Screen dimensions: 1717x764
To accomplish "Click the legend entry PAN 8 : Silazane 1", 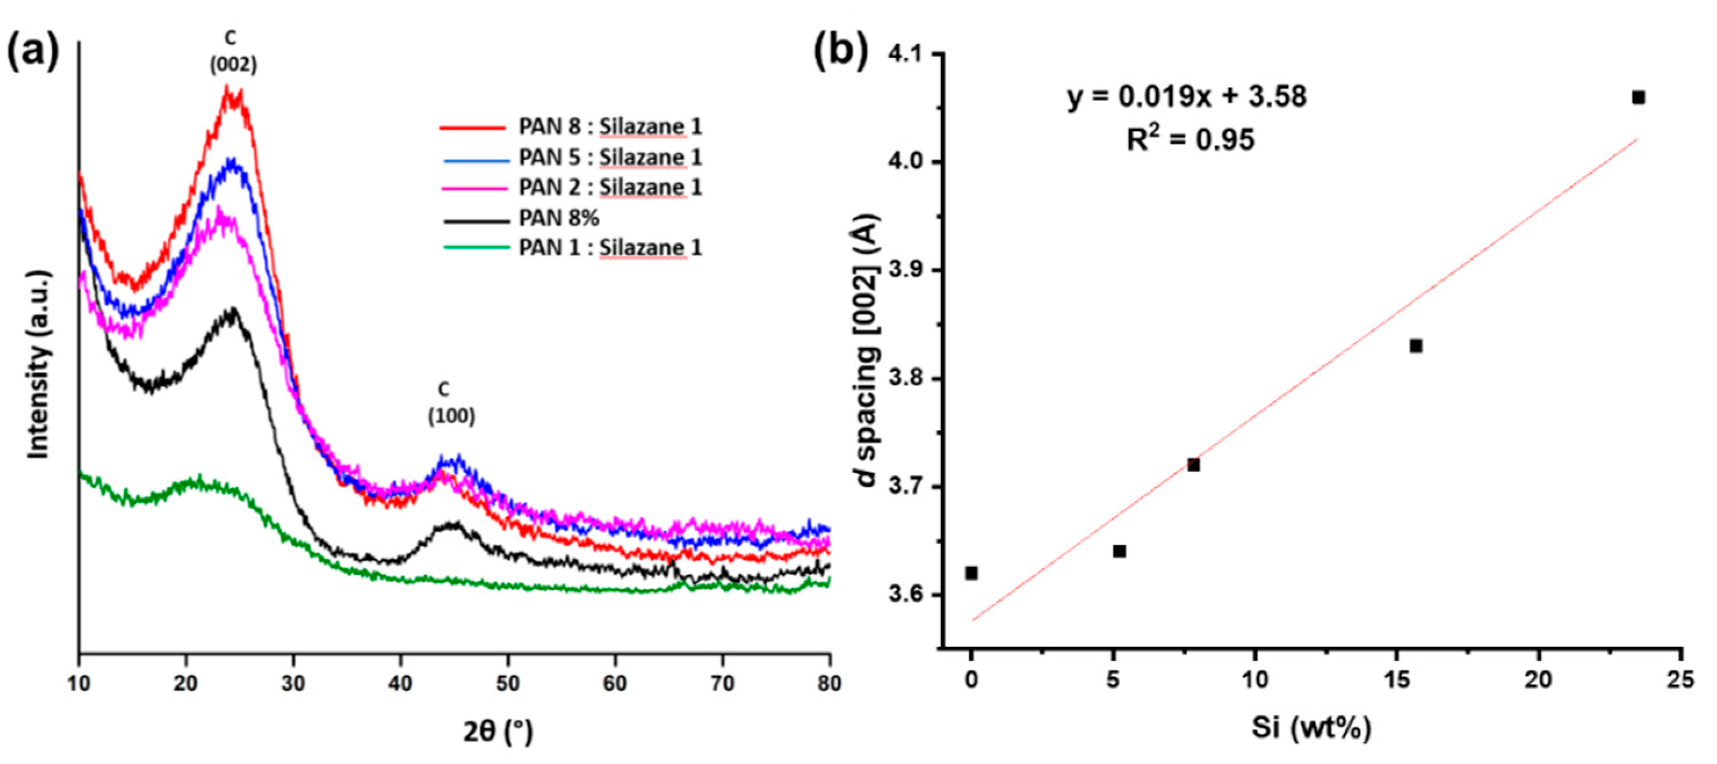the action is (570, 126).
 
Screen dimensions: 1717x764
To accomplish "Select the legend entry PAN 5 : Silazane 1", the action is (570, 157).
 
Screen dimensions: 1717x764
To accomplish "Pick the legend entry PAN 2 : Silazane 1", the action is (570, 187).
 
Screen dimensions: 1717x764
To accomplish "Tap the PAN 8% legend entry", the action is (519, 218).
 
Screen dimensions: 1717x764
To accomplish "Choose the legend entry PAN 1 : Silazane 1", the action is (570, 248).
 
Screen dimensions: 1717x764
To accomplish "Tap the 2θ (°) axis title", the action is (498, 732).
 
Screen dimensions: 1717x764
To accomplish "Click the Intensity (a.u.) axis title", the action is (39, 365).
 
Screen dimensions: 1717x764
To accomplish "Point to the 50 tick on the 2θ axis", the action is (508, 683).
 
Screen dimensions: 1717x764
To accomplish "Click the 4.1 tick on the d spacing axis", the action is (908, 54).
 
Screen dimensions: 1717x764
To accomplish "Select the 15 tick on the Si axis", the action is (1397, 680).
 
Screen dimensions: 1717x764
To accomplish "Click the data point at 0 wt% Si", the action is (971, 573).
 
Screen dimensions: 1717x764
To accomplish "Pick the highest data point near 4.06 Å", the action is (1638, 98).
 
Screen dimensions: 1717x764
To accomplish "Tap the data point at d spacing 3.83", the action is (1416, 345).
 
